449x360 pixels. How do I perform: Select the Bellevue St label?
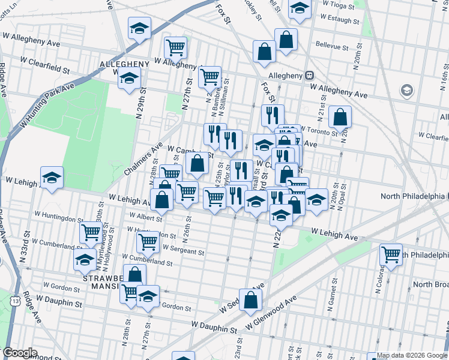click(332, 46)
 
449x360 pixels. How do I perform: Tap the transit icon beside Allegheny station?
click(309, 76)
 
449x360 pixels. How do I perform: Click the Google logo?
click(20, 353)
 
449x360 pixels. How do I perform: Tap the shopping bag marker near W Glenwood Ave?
click(251, 299)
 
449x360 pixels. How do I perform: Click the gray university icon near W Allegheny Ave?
click(407, 91)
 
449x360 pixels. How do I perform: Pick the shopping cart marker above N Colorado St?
click(391, 254)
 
